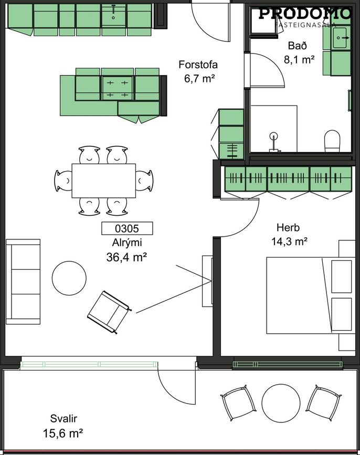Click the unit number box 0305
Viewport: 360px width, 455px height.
click(127, 228)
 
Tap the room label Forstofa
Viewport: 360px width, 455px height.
click(198, 65)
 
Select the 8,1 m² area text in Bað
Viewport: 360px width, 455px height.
click(299, 59)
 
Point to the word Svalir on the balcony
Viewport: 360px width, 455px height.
click(63, 419)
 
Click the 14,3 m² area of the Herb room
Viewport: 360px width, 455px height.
click(290, 241)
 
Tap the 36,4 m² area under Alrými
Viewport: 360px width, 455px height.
click(126, 257)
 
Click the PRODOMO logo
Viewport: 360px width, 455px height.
click(305, 14)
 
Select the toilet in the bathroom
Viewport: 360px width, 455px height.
click(332, 141)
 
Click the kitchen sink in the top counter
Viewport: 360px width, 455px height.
click(113, 15)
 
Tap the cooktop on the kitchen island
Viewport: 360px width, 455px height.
click(118, 88)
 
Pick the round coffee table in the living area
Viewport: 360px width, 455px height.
click(69, 278)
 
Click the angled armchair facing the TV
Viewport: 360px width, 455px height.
click(109, 312)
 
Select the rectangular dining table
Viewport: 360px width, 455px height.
click(104, 181)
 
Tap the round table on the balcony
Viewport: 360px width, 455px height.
click(281, 403)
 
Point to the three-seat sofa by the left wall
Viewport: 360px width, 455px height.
click(23, 281)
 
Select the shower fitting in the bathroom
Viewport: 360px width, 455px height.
click(273, 142)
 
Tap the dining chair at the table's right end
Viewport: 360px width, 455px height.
click(144, 181)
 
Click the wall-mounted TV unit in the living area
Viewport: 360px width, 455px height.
click(207, 281)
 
